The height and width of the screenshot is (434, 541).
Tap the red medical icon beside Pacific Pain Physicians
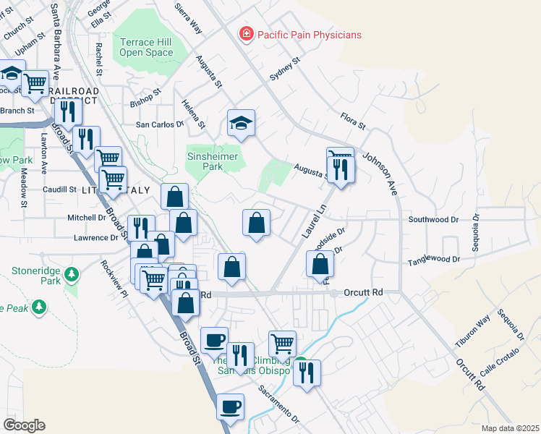(x=247, y=34)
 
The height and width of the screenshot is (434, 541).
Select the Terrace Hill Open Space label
(x=146, y=47)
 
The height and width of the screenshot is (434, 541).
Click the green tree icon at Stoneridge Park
(x=71, y=274)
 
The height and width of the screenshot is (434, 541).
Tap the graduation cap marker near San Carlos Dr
(x=242, y=124)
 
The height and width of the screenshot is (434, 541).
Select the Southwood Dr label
(x=433, y=219)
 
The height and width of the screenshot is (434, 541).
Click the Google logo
(x=24, y=425)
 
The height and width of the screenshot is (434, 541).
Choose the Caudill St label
(x=59, y=190)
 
